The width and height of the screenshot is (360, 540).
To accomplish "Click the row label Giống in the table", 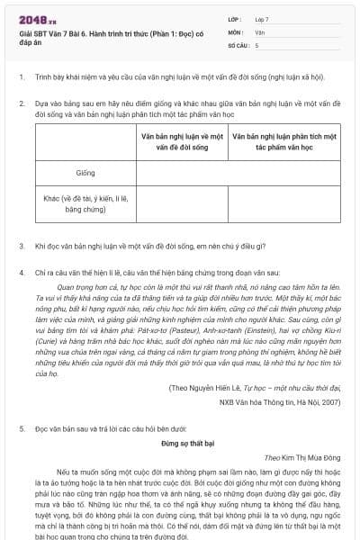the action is tap(85, 172).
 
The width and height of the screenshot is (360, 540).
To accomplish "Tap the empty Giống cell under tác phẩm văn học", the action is tap(283, 172).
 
